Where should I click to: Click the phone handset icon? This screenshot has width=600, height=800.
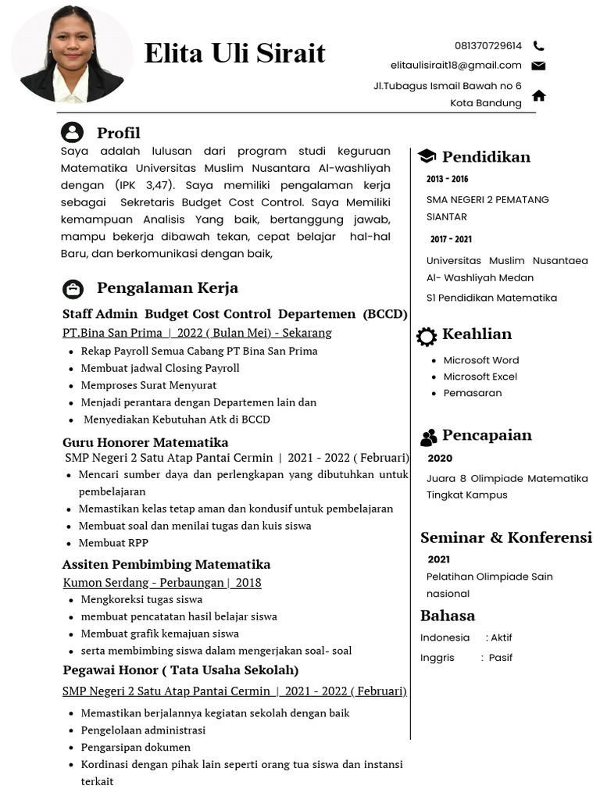(x=538, y=46)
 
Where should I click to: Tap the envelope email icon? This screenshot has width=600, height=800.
(x=538, y=66)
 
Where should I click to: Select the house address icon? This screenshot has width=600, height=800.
(x=538, y=95)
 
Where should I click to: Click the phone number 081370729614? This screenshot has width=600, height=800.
(x=487, y=46)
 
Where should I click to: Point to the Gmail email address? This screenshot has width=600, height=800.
(x=455, y=66)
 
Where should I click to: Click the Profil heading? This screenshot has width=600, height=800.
(x=118, y=133)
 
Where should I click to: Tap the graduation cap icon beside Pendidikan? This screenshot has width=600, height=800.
(x=427, y=156)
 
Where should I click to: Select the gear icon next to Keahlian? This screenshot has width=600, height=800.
(x=427, y=336)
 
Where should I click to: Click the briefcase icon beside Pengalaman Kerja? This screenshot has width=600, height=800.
(x=73, y=289)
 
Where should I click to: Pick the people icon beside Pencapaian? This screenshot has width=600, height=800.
(x=428, y=437)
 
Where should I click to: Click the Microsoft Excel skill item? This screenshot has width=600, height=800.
(x=480, y=377)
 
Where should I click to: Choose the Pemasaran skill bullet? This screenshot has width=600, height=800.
(x=472, y=393)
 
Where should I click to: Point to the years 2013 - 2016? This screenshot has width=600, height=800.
(x=447, y=180)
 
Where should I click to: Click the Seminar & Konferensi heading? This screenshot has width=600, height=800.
(x=505, y=537)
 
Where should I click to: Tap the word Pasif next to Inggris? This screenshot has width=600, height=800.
(x=500, y=658)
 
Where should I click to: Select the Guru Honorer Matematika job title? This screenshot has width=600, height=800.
(x=145, y=442)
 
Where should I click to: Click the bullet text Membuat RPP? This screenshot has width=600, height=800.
(x=113, y=543)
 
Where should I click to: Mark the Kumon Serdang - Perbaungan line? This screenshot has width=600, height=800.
(x=162, y=583)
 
